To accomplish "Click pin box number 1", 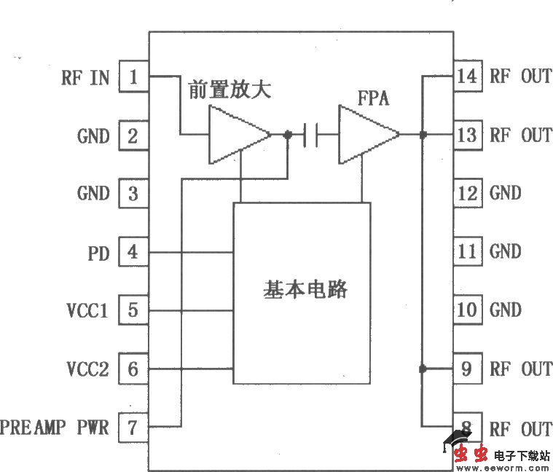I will coord(133,77).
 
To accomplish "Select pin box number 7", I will coord(133,427).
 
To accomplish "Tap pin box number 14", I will coord(467,76).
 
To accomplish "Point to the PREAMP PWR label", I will coord(55,427).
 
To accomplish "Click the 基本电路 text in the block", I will coord(305,290).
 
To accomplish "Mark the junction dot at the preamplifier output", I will coord(288,135).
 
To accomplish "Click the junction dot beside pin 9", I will coord(422,369).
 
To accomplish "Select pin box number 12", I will coord(467,194).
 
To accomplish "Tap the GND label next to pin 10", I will coord(506,311).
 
